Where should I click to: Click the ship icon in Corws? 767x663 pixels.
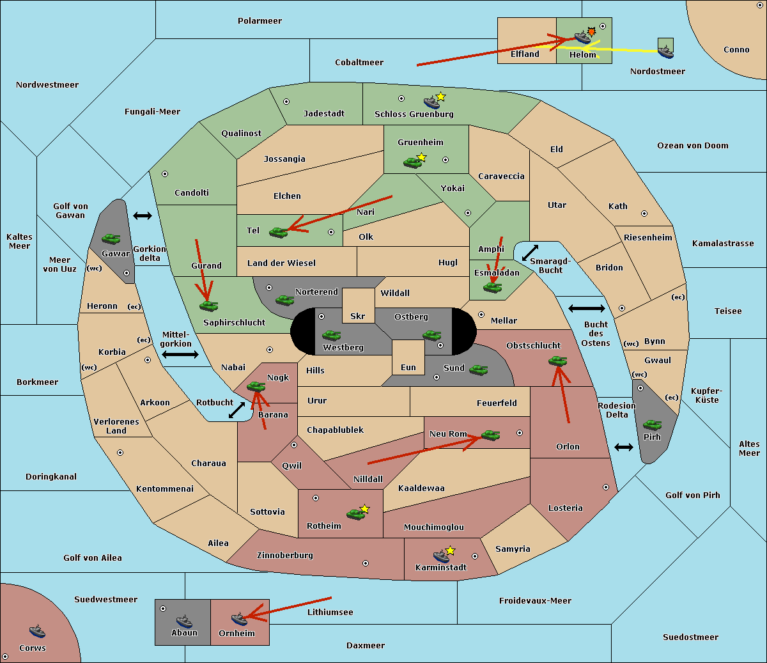(x=38, y=632)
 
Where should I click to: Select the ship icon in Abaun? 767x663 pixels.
(x=184, y=621)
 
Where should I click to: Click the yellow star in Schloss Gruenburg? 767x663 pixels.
(x=441, y=97)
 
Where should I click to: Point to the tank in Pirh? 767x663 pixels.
(x=653, y=425)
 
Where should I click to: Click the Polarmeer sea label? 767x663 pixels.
(x=260, y=21)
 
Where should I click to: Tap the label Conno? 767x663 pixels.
(x=736, y=50)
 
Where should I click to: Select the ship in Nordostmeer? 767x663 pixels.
(x=665, y=50)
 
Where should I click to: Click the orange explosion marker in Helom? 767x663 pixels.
(x=592, y=31)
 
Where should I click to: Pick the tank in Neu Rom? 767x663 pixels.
(x=491, y=435)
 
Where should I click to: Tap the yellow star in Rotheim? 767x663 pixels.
(x=365, y=509)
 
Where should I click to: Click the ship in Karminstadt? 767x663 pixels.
(x=441, y=555)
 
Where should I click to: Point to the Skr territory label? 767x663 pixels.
(x=358, y=316)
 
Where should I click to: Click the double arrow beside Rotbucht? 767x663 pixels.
(x=237, y=410)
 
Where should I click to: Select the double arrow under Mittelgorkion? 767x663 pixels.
(x=180, y=355)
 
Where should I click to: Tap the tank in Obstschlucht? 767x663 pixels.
(x=558, y=361)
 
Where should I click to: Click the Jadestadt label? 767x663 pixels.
(x=324, y=114)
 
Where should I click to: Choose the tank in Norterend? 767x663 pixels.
(x=284, y=300)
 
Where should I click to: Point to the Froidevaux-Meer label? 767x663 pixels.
(x=535, y=601)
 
